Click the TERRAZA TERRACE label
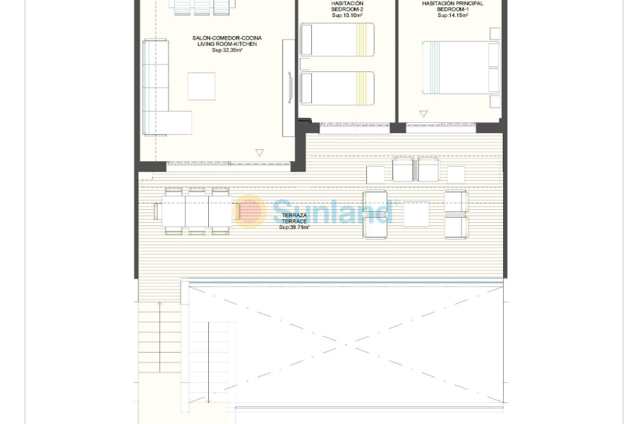[x=294, y=218]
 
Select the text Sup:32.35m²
[x=227, y=51]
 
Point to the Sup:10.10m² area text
[x=347, y=15]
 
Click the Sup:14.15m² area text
[x=452, y=15]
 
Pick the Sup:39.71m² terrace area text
[x=294, y=228]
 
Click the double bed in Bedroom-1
[x=460, y=67]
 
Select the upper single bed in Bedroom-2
[x=337, y=40]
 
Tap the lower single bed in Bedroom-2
[x=337, y=88]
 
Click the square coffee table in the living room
[x=201, y=86]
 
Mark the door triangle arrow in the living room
[x=259, y=153]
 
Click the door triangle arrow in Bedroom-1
[x=423, y=114]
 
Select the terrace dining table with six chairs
[x=197, y=211]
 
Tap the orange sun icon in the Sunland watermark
[x=250, y=211]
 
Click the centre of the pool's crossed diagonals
[x=346, y=344]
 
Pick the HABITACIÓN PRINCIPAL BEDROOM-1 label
[x=452, y=6]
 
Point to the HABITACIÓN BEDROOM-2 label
[x=347, y=6]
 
